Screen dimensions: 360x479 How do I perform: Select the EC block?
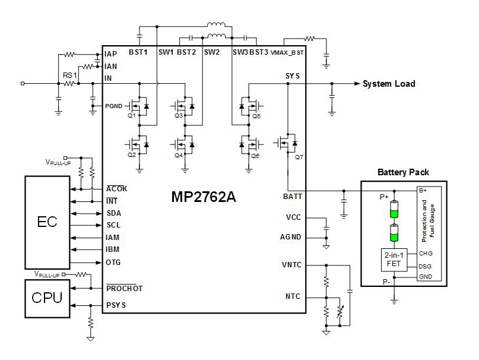point(47,223)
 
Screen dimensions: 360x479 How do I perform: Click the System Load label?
point(389,84)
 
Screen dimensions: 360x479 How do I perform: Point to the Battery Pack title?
point(403,173)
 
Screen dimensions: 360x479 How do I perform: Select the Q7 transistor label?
point(291,158)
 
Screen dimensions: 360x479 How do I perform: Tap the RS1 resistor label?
point(70,75)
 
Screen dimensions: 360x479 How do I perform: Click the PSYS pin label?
point(116,306)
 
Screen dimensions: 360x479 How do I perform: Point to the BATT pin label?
point(290,197)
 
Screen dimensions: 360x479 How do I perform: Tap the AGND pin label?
point(290,237)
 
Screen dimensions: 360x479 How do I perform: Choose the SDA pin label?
point(114,213)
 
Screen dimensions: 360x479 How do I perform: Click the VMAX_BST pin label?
point(287,52)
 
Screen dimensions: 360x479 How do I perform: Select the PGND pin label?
point(115,106)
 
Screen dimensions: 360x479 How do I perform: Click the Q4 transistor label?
point(179,155)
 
